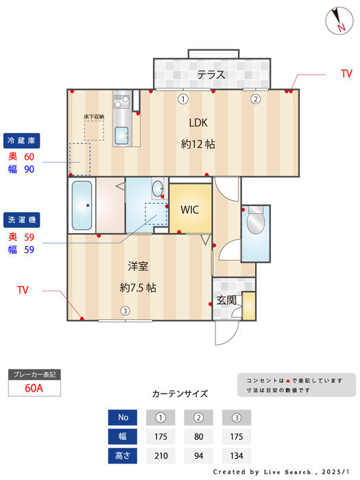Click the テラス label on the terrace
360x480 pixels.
point(211,75)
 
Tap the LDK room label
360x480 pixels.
point(199,123)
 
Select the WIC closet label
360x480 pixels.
point(190,209)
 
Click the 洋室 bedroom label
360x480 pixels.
point(138,266)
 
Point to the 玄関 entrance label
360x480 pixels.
point(226,300)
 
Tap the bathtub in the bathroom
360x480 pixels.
point(82,206)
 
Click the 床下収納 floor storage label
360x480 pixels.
point(94,117)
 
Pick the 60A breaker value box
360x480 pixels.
point(34,388)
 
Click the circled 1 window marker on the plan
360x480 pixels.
point(182,99)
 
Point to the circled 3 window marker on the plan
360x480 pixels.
point(125,311)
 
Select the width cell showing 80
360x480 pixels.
point(199,437)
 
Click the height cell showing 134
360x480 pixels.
point(237,456)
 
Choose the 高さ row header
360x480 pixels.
point(123,456)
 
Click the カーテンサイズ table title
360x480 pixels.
point(180,394)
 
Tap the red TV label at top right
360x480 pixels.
point(346,73)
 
